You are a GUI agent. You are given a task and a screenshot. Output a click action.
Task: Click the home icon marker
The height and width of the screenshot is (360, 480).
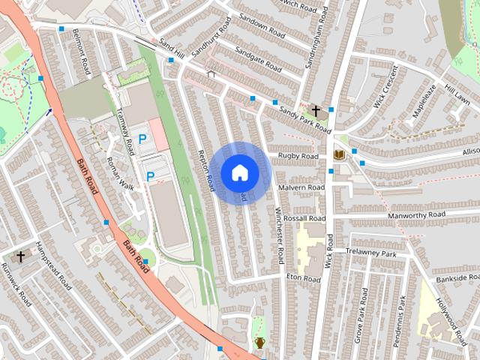(239, 172)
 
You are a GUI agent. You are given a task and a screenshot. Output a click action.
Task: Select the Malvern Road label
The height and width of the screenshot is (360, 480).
(301, 187)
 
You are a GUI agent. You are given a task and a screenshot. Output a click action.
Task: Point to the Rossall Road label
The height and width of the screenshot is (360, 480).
(305, 217)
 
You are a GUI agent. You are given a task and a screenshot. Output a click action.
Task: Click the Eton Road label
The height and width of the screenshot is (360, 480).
(303, 278)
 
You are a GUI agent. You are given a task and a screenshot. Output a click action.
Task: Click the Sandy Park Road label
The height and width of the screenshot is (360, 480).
(304, 119)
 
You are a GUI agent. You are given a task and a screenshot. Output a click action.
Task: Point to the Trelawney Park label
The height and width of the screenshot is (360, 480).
(370, 252)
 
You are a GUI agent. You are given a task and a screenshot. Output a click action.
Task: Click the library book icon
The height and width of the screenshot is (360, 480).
(339, 155)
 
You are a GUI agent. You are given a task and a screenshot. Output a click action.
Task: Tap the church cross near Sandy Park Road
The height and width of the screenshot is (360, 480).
(316, 111)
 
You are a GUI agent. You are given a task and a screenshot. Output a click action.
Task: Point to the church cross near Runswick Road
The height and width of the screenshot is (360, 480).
(20, 256)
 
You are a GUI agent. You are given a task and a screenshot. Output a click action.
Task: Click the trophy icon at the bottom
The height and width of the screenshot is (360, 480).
(259, 343)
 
